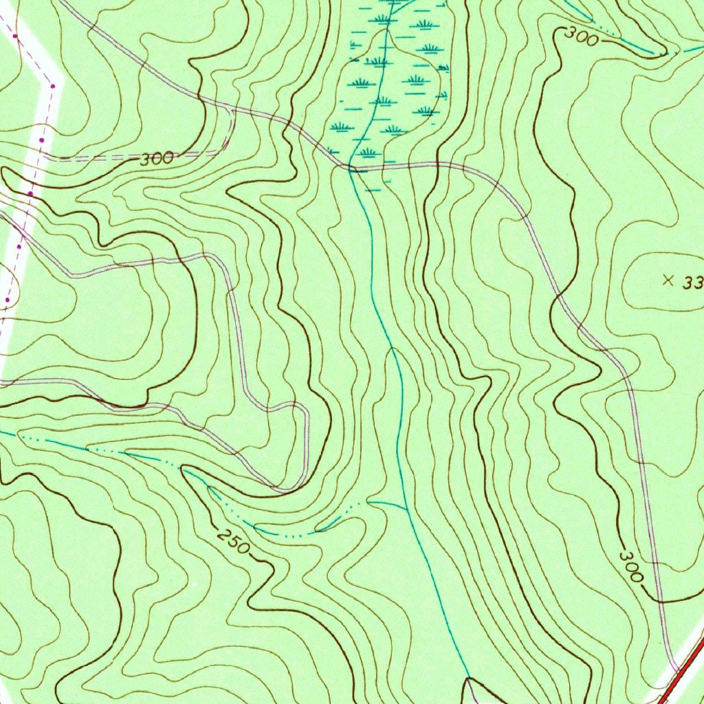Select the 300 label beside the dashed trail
[x=157, y=159]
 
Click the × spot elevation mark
[x=666, y=279]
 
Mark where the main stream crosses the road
[x=351, y=167]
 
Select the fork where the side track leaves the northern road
[x=234, y=109]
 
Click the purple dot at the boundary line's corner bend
[x=52, y=85]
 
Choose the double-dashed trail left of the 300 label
[x=96, y=159]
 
